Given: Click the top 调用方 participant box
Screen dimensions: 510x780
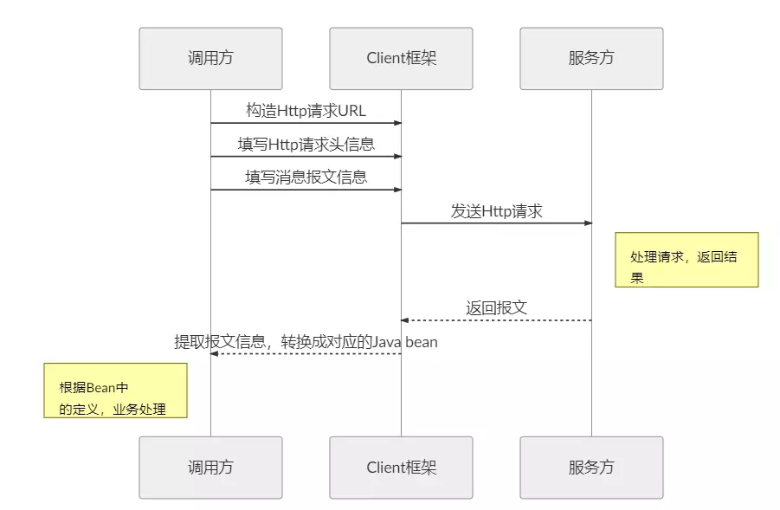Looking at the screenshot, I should [210, 59].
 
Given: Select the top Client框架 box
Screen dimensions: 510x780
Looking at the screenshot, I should [401, 59].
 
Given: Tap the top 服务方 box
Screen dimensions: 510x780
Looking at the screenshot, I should [591, 59].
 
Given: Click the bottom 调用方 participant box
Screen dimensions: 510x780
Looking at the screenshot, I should [210, 468].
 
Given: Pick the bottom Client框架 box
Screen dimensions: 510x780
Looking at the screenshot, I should [401, 468].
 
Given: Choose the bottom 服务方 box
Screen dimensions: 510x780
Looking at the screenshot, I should [591, 468].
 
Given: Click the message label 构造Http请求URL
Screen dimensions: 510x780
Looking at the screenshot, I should [306, 111].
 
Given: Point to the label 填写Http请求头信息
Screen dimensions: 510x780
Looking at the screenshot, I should [306, 144].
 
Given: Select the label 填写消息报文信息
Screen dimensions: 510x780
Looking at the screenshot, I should [306, 178].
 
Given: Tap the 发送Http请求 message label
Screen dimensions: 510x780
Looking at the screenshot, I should [496, 210].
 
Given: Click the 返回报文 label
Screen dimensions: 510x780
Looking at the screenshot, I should [496, 307].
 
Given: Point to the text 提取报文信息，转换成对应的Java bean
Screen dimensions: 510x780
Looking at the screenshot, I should [306, 341].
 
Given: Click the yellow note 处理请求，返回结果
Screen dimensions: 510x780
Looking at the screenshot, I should [687, 259].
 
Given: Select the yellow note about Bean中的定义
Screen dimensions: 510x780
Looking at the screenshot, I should [116, 391].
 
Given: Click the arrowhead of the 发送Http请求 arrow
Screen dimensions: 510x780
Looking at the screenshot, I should [588, 223].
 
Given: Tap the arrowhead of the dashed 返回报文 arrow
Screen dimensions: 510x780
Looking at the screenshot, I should [405, 320].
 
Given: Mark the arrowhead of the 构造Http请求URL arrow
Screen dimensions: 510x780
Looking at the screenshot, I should [397, 123].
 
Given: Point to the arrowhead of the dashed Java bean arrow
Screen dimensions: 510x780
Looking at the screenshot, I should [215, 353].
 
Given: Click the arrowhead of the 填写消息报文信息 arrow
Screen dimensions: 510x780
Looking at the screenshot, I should [397, 190].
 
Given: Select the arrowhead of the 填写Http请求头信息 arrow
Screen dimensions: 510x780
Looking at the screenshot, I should [397, 157].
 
